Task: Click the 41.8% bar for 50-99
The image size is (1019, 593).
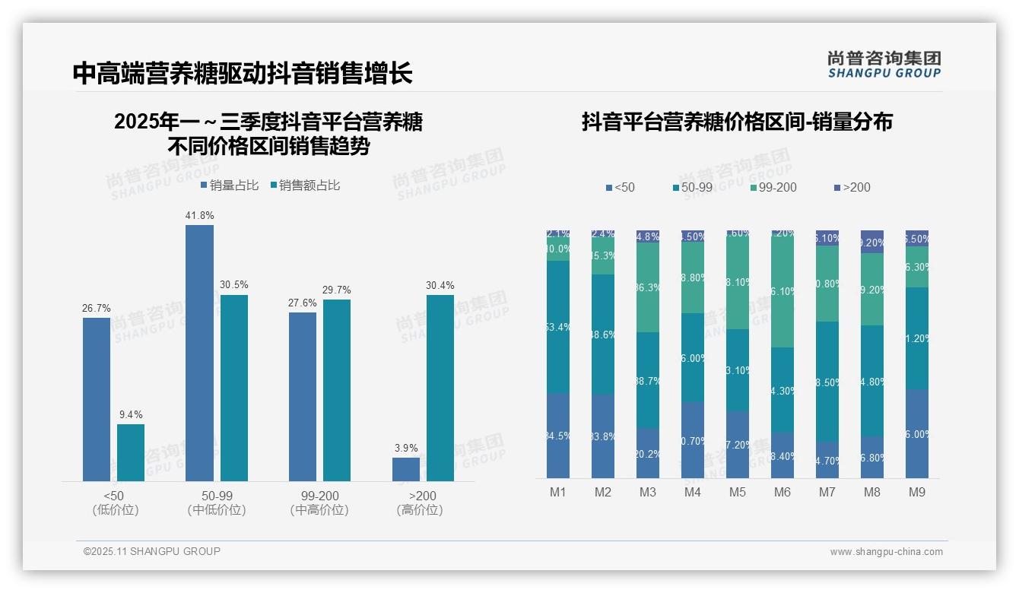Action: [199, 353]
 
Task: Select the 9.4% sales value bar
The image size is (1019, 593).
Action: [131, 452]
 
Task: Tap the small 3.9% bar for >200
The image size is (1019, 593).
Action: [406, 469]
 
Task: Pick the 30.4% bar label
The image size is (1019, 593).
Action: [440, 286]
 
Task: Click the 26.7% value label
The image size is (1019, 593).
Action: [97, 309]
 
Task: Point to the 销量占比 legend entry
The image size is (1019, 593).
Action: [230, 186]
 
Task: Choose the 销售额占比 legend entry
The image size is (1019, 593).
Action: [304, 186]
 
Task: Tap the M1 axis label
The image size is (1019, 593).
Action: [558, 493]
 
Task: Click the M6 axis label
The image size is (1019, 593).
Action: [783, 493]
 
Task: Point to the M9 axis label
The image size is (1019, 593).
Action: [917, 493]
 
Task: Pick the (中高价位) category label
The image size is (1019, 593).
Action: [319, 510]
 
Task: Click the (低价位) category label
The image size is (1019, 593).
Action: [115, 510]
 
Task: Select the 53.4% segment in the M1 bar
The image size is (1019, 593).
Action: [558, 327]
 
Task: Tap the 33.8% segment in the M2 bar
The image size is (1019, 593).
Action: [603, 436]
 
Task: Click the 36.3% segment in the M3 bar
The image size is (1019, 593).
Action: [648, 287]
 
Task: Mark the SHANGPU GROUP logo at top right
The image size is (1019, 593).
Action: [884, 65]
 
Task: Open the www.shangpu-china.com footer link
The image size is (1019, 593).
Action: [886, 552]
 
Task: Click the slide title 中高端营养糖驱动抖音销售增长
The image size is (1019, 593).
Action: [243, 73]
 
